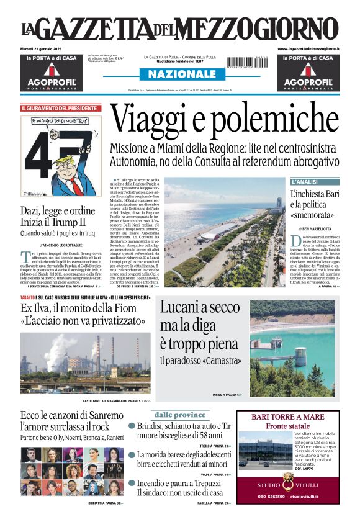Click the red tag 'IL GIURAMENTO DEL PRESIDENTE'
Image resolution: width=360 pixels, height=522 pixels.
tap(58, 108)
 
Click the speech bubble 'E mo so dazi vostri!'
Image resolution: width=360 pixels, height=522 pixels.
tap(53, 120)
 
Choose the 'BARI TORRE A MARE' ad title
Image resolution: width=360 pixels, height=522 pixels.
tap(288, 417)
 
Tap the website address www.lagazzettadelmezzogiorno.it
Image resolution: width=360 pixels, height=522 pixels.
tap(308, 48)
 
